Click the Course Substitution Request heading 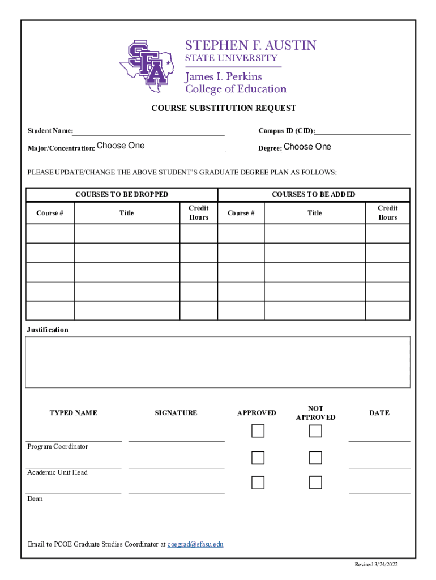(x=223, y=108)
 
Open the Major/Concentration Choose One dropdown (x=121, y=146)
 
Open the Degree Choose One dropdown (x=307, y=147)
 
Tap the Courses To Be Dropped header (x=122, y=194)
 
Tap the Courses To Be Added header (x=313, y=194)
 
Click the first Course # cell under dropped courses (x=50, y=233)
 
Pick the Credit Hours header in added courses (x=387, y=213)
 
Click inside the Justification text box (x=217, y=362)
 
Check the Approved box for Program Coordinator (x=258, y=431)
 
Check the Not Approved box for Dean (x=315, y=483)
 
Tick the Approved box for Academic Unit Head (x=258, y=457)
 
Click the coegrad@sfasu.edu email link (x=195, y=544)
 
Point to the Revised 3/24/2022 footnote (x=376, y=565)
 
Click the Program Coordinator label (x=58, y=447)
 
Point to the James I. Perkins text (x=223, y=77)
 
